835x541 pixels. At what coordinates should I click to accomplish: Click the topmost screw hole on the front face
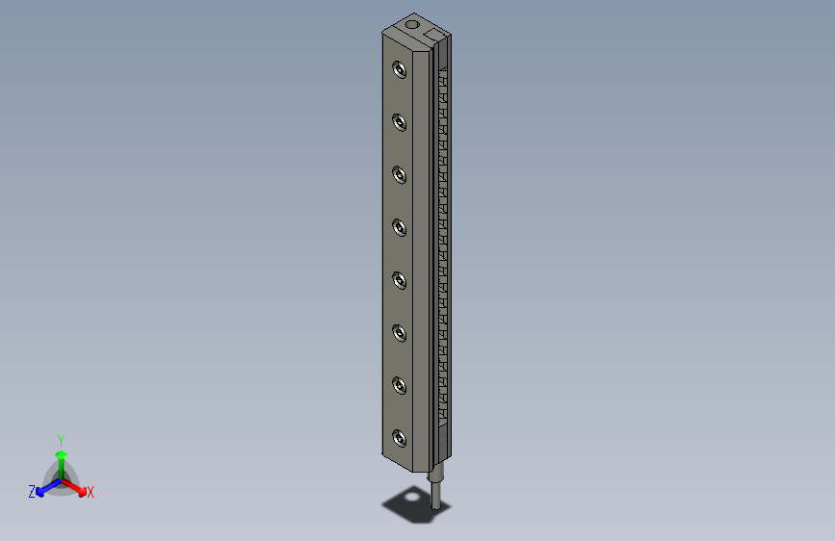point(398,69)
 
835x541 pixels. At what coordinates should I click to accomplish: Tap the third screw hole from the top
point(398,174)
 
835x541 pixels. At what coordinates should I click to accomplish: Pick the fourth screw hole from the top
point(398,227)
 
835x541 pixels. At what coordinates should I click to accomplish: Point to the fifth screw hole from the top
point(398,280)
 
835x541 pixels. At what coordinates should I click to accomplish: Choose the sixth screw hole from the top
point(398,333)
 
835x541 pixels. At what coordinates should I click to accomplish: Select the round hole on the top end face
point(411,23)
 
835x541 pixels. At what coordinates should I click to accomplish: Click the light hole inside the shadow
point(414,497)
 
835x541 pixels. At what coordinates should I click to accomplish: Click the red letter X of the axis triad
point(91,493)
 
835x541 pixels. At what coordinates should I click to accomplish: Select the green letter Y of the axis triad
point(60,439)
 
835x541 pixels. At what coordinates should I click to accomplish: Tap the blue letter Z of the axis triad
point(32,492)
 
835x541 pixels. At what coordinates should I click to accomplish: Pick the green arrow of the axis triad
point(61,456)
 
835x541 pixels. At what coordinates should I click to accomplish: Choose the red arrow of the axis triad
point(76,486)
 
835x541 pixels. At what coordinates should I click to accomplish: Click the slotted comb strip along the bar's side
point(443,241)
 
